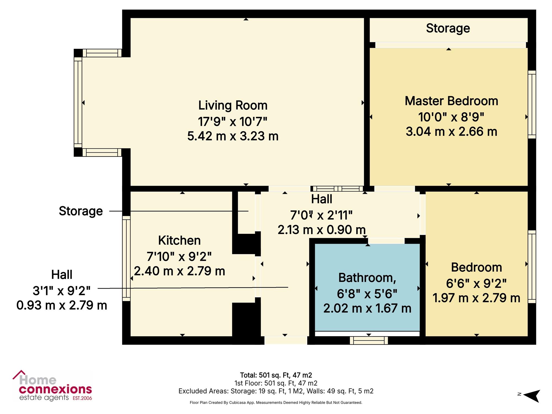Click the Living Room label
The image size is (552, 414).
click(x=233, y=105)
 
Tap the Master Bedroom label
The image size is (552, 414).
click(x=452, y=101)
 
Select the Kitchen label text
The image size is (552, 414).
click(x=179, y=240)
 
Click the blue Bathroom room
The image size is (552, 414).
click(x=367, y=287)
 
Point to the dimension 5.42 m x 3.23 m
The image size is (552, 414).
click(x=233, y=136)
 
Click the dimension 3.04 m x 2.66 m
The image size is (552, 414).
click(x=452, y=131)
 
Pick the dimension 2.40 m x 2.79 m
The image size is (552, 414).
click(x=179, y=271)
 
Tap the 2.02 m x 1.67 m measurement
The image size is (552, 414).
click(x=367, y=308)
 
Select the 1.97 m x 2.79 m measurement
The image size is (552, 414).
click(x=476, y=298)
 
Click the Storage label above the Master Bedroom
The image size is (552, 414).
click(x=448, y=28)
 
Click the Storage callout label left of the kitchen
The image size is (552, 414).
click(x=81, y=211)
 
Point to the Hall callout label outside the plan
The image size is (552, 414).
click(x=62, y=275)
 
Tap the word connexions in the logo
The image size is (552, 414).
click(x=55, y=389)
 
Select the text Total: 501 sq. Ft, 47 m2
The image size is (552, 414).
click(x=276, y=375)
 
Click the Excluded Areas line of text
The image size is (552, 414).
click(x=276, y=391)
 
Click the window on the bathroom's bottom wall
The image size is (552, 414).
click(x=369, y=341)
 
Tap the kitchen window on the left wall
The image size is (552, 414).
click(x=126, y=258)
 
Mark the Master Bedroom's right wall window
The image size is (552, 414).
click(x=532, y=105)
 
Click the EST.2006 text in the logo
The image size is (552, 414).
click(x=82, y=398)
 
